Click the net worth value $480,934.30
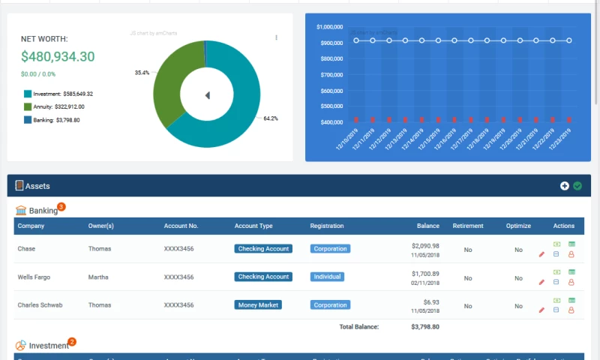(58, 56)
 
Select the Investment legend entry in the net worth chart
(58, 94)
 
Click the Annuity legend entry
(53, 106)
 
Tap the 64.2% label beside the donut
(271, 118)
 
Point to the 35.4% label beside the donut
(142, 73)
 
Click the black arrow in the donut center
(207, 94)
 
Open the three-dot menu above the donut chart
(276, 37)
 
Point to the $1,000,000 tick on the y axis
(330, 27)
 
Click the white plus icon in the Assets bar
(565, 186)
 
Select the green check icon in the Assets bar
(577, 186)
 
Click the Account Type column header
(253, 226)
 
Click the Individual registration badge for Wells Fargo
(327, 277)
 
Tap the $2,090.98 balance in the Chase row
(425, 245)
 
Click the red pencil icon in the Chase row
(541, 254)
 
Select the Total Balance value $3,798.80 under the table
(425, 327)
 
